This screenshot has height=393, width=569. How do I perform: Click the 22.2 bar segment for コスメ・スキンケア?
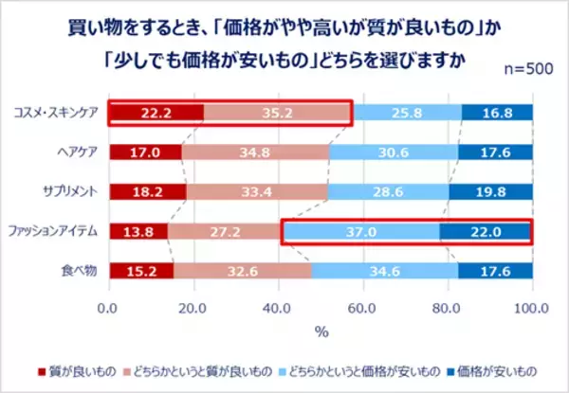(x=156, y=114)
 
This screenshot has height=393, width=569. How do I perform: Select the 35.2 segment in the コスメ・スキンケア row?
(x=277, y=114)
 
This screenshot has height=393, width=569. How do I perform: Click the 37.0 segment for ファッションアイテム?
(x=360, y=231)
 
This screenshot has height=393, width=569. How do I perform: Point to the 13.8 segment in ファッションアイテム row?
(x=138, y=231)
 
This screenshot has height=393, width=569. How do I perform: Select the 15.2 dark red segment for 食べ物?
(x=141, y=270)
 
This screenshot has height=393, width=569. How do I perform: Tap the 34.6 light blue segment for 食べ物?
(x=384, y=270)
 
